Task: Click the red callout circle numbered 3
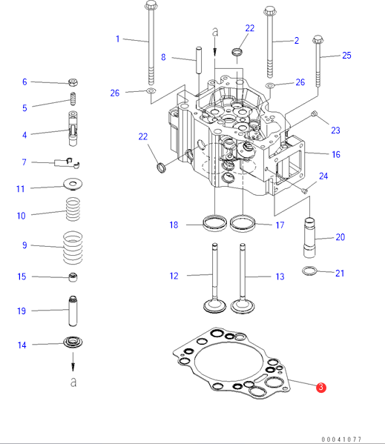pyautogui.click(x=321, y=387)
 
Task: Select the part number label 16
pyautogui.click(x=336, y=155)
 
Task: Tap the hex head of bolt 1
pyautogui.click(x=151, y=4)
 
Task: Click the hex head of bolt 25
pyautogui.click(x=317, y=39)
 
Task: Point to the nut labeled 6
pyautogui.click(x=73, y=82)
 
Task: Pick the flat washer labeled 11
pyautogui.click(x=73, y=184)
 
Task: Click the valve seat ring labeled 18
pyautogui.click(x=215, y=222)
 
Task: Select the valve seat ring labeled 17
pyautogui.click(x=243, y=223)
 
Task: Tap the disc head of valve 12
pyautogui.click(x=214, y=306)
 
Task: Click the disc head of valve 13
pyautogui.click(x=243, y=307)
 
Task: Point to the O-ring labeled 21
pyautogui.click(x=309, y=271)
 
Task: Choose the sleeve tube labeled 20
pyautogui.click(x=309, y=237)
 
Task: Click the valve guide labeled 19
pyautogui.click(x=73, y=311)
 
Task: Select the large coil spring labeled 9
pyautogui.click(x=73, y=248)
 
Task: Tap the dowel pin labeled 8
pyautogui.click(x=199, y=60)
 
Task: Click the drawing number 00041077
pyautogui.click(x=341, y=440)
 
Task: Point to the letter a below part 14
pyautogui.click(x=73, y=382)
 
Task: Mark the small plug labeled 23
pyautogui.click(x=314, y=113)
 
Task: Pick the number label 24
pyautogui.click(x=323, y=176)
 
